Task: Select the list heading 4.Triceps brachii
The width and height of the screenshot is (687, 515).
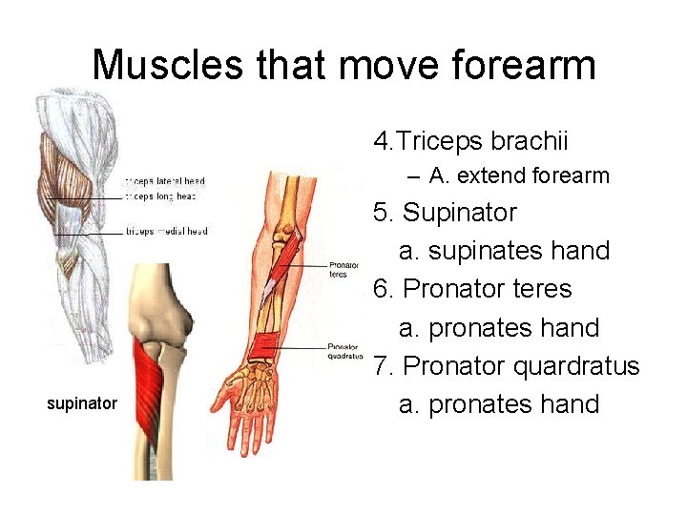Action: tap(470, 142)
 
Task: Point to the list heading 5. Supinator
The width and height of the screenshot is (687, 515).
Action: tap(445, 212)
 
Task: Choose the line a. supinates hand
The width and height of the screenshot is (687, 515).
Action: tap(504, 251)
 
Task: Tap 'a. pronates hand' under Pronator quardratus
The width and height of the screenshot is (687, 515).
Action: tap(499, 404)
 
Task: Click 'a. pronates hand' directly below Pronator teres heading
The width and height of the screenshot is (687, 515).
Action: tap(499, 328)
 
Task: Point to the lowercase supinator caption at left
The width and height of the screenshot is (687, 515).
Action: tap(82, 403)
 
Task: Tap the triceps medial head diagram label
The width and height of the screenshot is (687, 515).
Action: tap(167, 231)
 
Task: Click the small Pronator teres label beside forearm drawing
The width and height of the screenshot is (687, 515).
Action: tap(343, 270)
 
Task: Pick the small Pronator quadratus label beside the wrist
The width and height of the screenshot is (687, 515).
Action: tap(345, 351)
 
